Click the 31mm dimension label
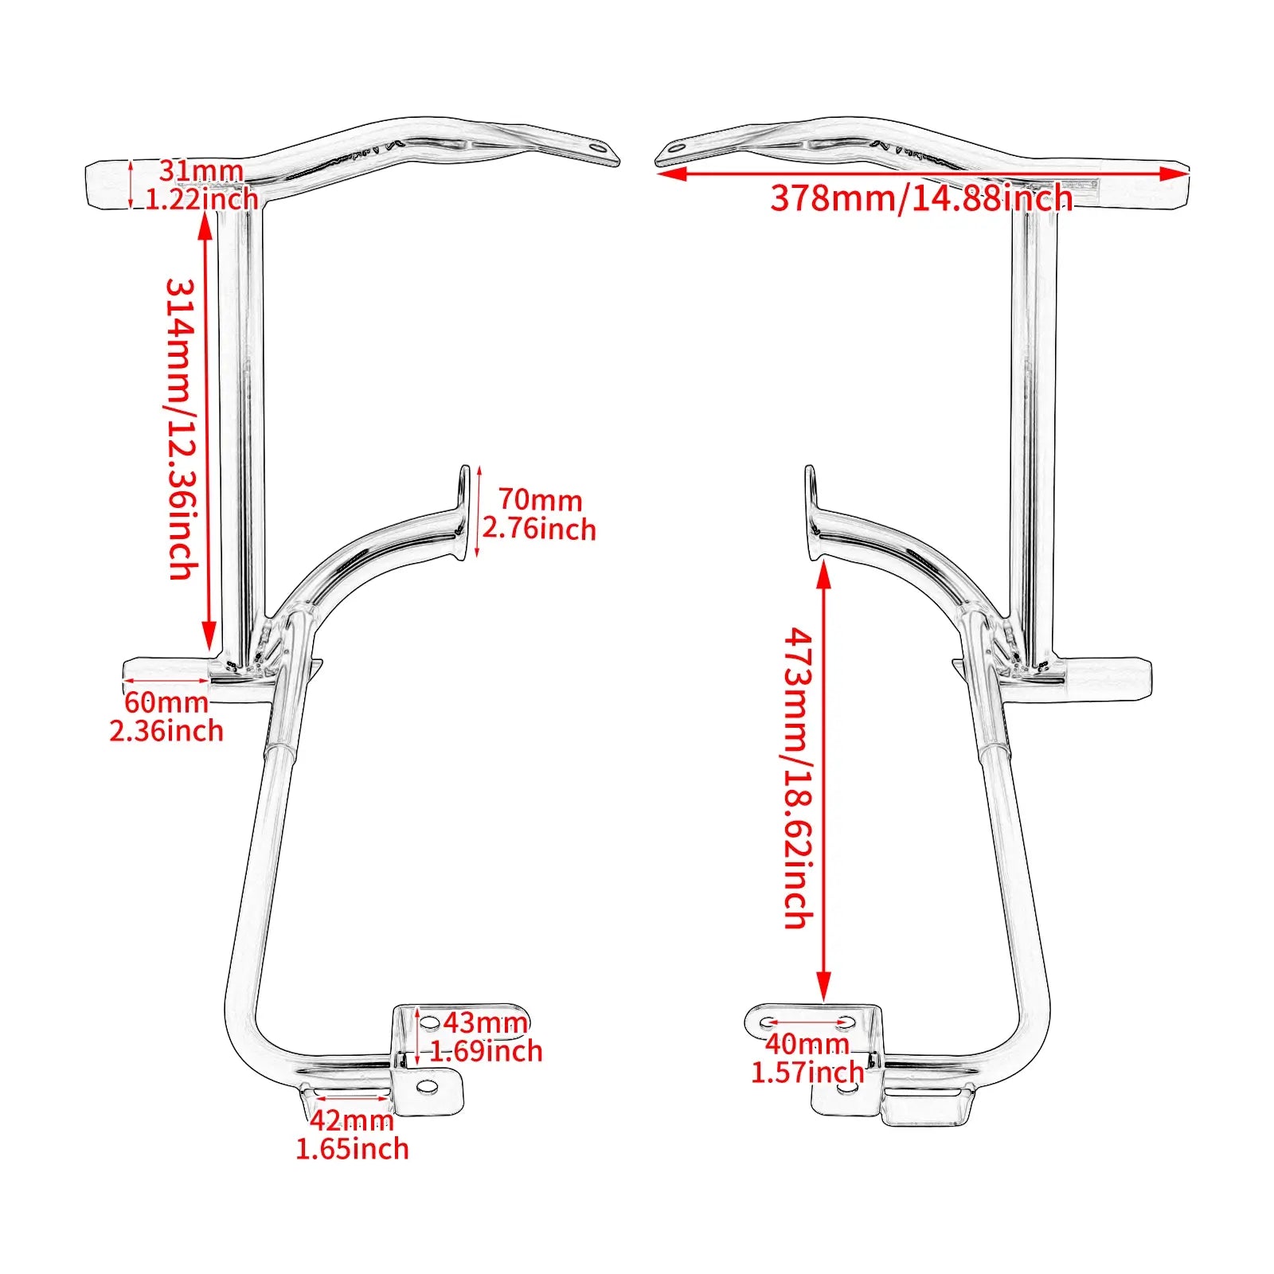[201, 170]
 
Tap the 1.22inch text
[201, 198]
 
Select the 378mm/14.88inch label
[921, 197]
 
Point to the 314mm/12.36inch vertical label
[182, 428]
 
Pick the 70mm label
[540, 500]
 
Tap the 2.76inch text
[539, 529]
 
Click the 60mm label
[166, 702]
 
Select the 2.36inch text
[166, 731]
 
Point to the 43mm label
[485, 1022]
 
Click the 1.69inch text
[487, 1051]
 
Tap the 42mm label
[351, 1120]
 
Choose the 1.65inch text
[352, 1149]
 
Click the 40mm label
[807, 1043]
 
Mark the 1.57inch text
[807, 1072]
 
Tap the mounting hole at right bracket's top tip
[677, 147]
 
